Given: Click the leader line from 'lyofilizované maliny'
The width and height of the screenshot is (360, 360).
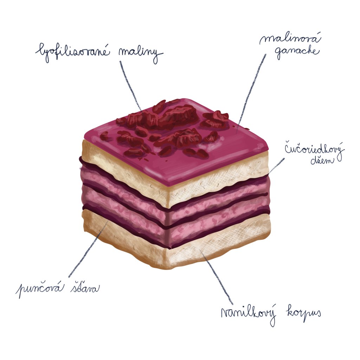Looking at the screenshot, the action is click(130, 84).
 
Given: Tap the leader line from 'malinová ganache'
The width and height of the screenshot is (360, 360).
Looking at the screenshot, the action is click(251, 91).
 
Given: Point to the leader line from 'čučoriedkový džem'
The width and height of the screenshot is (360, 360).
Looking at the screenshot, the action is click(276, 165).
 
